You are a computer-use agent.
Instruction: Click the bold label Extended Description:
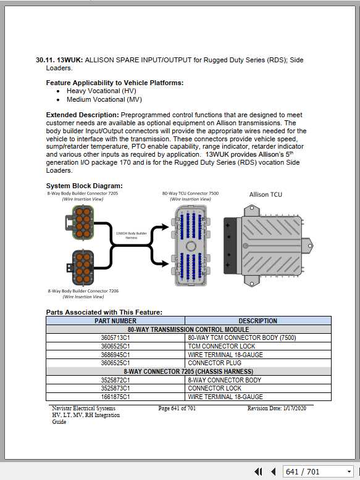(x=82, y=115)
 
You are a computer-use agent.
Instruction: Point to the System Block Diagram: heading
(x=84, y=186)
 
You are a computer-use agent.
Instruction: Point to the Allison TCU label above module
(x=266, y=194)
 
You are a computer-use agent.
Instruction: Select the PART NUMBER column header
(x=115, y=321)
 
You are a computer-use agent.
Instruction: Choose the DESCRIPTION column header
(x=257, y=321)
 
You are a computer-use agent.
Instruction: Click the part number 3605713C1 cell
(x=115, y=338)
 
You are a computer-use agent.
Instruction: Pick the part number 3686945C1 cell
(x=115, y=355)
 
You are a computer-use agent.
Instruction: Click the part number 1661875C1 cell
(x=115, y=397)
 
